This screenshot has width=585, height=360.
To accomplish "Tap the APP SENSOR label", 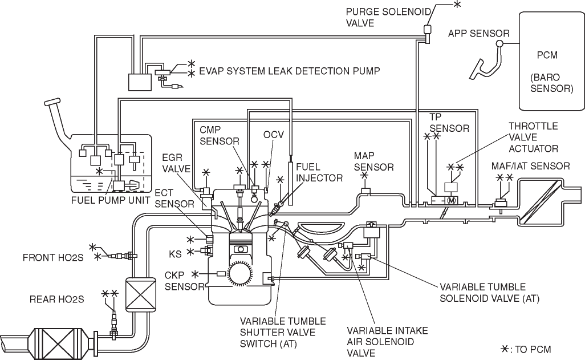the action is (x=479, y=34).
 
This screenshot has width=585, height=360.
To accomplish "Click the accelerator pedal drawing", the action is (x=485, y=62).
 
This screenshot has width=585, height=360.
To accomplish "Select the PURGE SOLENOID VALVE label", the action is (x=388, y=17).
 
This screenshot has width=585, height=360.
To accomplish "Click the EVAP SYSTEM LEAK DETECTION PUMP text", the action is (x=290, y=71).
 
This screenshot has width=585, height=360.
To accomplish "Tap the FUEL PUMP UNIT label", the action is (x=111, y=200).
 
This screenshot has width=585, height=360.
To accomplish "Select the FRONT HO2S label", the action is (x=53, y=258).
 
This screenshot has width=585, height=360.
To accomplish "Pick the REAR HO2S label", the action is (x=56, y=300).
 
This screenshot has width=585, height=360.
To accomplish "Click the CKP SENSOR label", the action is (x=184, y=281).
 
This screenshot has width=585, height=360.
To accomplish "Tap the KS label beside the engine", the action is (x=176, y=254).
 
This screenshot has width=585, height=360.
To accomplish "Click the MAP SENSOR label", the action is (x=373, y=161).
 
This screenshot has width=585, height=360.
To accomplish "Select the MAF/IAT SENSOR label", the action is (x=530, y=166).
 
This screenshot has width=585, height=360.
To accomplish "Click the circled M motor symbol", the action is (x=452, y=201).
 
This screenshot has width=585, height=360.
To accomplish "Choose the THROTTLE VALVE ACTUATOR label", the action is (x=534, y=137).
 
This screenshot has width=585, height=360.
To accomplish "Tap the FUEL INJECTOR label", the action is (x=319, y=172).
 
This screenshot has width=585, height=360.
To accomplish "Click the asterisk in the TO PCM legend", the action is (x=505, y=349).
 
